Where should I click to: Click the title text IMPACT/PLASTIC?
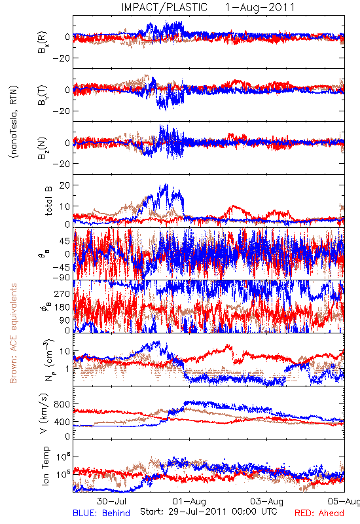pos(164,7)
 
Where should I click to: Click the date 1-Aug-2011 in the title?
pos(260,7)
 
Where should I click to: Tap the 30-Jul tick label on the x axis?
pos(112,501)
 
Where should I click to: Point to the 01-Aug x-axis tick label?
pos(189,501)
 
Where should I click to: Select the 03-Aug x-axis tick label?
pos(266,501)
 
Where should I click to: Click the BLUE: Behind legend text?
pos(101,513)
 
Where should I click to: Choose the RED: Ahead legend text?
pos(319,513)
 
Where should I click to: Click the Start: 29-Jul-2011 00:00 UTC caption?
pos(209,512)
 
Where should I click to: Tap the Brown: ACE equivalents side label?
pos(13,333)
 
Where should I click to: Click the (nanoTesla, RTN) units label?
pos(14,122)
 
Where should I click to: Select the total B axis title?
pos(48,201)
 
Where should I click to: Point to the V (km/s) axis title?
pos(44,413)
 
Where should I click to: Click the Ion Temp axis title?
pos(45,466)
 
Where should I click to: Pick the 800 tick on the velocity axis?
pos(62,404)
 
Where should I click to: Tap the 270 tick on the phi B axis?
pos(62,293)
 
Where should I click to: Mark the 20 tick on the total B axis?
pos(64,185)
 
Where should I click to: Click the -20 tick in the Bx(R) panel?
pos(61,58)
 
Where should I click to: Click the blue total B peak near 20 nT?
pos(166,184)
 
